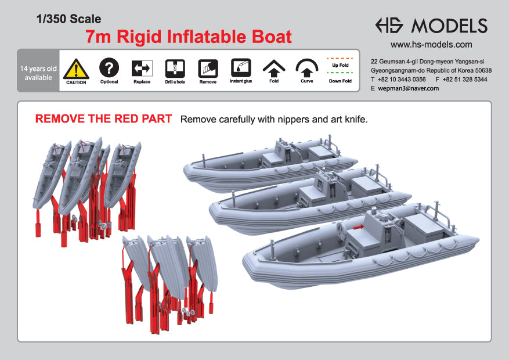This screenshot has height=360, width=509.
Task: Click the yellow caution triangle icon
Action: (76, 69)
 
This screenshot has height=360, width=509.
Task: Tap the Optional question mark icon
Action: (109, 69)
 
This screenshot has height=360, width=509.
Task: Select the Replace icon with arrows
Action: (142, 69)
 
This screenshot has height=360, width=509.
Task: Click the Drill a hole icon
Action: (175, 69)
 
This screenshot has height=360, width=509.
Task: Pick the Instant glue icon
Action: (241, 69)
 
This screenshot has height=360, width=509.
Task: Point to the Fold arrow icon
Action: (273, 69)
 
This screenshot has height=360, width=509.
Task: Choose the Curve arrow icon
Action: (306, 69)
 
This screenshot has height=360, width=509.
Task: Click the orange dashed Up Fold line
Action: (340, 59)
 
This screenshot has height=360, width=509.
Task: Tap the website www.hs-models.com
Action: (431, 44)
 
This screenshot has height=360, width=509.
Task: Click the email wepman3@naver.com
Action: (408, 88)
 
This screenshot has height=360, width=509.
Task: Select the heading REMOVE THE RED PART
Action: (103, 119)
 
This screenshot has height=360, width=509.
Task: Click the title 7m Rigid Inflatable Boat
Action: (188, 37)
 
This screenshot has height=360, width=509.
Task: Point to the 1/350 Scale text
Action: (68, 19)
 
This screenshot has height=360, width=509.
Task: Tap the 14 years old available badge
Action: (38, 73)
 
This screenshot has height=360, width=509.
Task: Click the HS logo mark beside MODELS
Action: (390, 26)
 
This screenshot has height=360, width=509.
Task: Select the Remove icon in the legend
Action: (208, 69)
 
